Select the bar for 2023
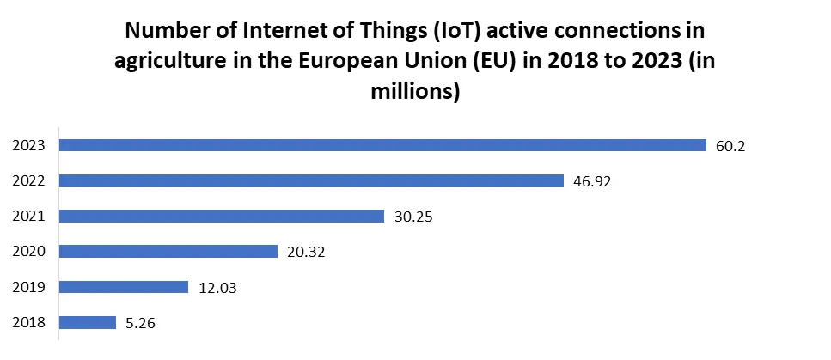(382, 145)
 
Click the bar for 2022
(311, 180)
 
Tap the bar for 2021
(222, 216)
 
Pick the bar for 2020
(168, 251)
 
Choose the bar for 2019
(124, 287)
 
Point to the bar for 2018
(88, 322)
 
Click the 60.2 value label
(730, 146)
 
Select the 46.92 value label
(591, 181)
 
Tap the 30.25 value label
(412, 217)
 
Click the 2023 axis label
(28, 146)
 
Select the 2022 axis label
(28, 181)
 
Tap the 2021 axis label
(28, 217)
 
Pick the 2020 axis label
(28, 252)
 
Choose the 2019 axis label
(28, 288)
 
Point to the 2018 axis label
(28, 323)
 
